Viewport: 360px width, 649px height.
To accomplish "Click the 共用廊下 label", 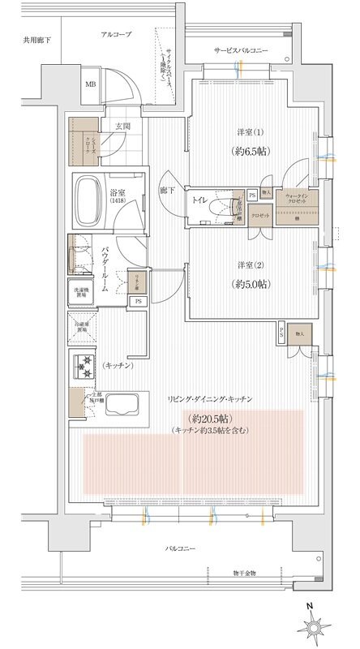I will click(x=36, y=39).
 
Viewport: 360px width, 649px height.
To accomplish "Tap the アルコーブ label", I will click(x=118, y=36).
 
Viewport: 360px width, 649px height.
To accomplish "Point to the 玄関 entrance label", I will click(x=123, y=126).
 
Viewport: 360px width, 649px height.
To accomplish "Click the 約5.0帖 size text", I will click(x=253, y=284).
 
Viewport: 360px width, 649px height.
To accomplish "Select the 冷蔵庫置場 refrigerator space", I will click(x=82, y=331).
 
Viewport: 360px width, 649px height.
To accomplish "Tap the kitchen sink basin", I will click(x=123, y=403).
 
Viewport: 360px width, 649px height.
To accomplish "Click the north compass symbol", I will click(x=318, y=627).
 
